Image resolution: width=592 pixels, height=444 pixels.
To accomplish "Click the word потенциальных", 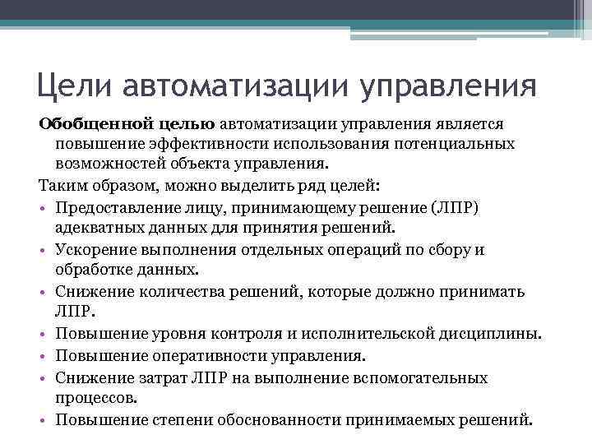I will [457, 144].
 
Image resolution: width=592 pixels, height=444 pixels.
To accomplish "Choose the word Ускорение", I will [90, 249].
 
